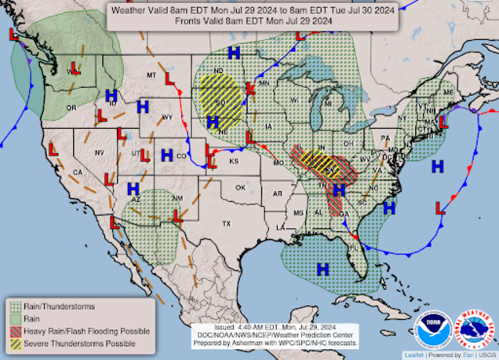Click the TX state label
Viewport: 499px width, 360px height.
[226, 224]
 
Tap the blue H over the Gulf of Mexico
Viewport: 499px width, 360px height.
[323, 269]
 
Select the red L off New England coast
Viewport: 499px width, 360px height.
[443, 122]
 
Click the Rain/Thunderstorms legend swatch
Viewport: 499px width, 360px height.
[16, 307]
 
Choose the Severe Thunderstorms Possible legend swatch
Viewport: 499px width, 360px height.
[16, 344]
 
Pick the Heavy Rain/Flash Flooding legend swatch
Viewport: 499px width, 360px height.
[16, 331]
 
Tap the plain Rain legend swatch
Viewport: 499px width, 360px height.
[16, 319]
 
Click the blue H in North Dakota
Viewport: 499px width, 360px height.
[234, 53]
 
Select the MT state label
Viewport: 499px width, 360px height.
[151, 75]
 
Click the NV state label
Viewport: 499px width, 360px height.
[99, 153]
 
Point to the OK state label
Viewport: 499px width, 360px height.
[240, 188]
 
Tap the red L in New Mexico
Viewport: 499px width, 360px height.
[177, 216]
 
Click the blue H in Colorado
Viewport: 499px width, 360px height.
[167, 155]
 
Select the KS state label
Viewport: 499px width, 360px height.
[234, 161]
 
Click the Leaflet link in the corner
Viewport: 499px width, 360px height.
[414, 355]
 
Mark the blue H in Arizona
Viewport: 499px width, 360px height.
[133, 189]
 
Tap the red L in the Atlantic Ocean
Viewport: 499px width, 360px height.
[440, 208]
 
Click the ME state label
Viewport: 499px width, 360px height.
[448, 92]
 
